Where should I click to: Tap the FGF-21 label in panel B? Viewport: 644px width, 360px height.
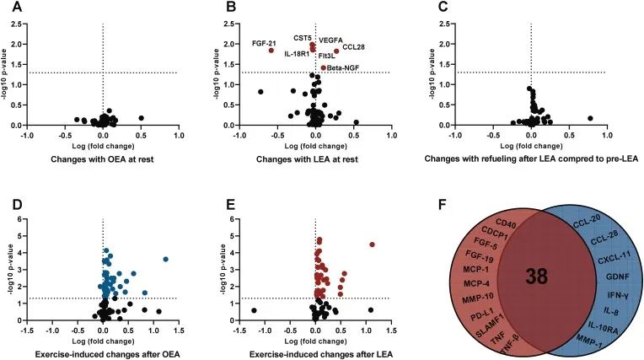(x=264, y=43)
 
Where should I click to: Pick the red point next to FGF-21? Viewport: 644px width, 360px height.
(x=271, y=51)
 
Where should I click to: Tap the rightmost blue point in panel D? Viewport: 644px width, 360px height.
(x=165, y=259)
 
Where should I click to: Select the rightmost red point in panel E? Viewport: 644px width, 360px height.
(x=372, y=245)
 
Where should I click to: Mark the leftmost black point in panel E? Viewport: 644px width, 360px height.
(x=254, y=310)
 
